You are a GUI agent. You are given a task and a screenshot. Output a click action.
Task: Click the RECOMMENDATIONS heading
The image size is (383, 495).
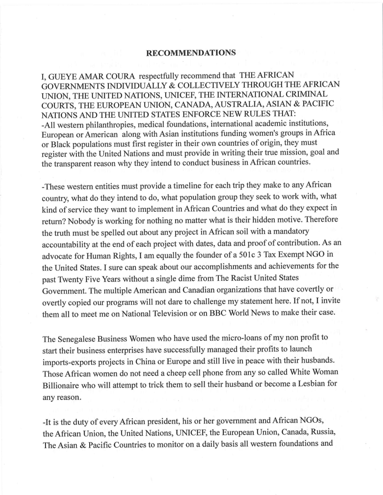click(x=191, y=53)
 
